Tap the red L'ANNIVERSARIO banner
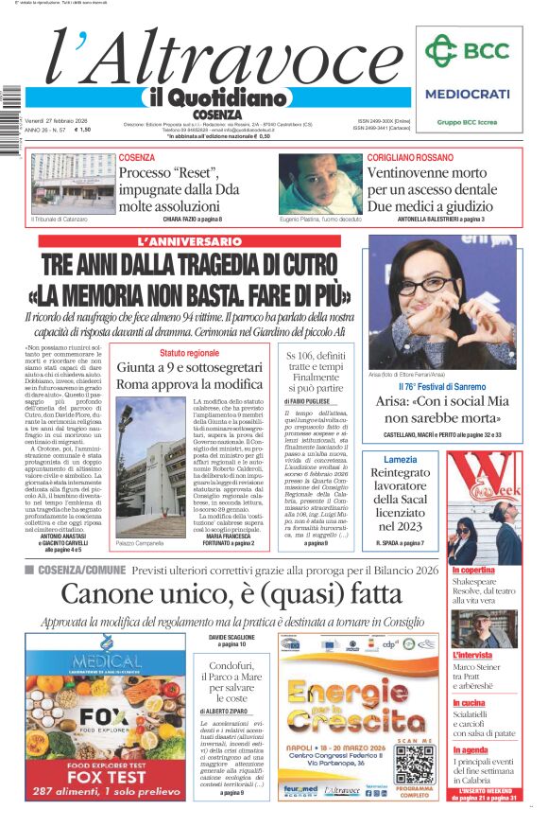click(189, 242)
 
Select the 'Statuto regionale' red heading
click(189, 353)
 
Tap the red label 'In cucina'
click(471, 703)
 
